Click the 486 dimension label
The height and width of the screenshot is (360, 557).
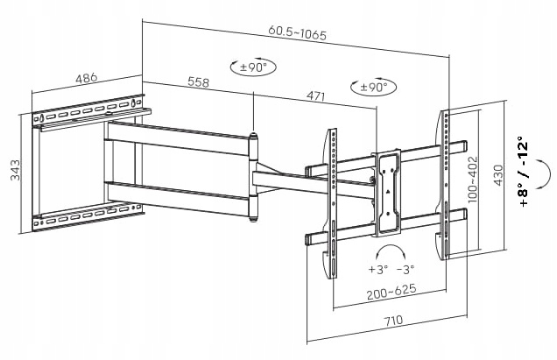coord(85,77)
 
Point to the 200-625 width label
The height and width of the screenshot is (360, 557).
coord(391,290)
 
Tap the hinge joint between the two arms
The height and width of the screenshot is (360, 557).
coord(255,174)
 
